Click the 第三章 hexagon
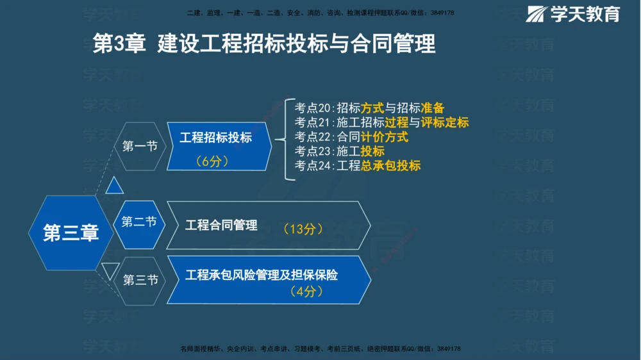point(71,233)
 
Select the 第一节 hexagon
point(140,146)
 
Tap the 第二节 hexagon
point(140,223)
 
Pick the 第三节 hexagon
point(140,280)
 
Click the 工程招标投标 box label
point(215,138)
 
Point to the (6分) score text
point(212,161)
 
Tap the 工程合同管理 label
point(221,225)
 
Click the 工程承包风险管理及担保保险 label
point(262,275)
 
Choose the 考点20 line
point(369,108)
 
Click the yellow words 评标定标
point(445,122)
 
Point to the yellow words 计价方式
point(384,136)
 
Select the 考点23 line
point(340,151)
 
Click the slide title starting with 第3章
point(264,44)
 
